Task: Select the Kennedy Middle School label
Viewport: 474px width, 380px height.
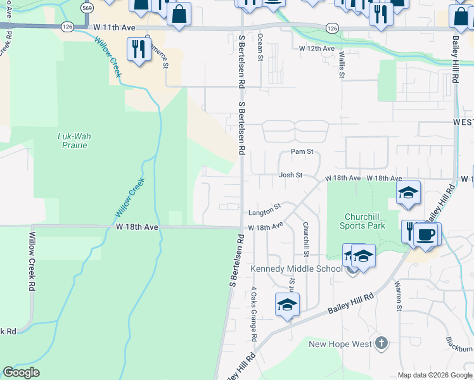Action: click(x=296, y=269)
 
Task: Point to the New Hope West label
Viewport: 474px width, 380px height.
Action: click(x=340, y=344)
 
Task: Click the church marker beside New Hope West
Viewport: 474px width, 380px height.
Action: click(x=381, y=343)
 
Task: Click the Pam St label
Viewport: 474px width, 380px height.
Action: click(x=302, y=152)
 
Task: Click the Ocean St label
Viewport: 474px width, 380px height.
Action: click(x=260, y=47)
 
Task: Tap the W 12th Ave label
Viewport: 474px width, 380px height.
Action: click(x=317, y=49)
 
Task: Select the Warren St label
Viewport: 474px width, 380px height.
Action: click(x=399, y=296)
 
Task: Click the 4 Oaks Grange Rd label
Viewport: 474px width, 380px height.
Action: click(x=253, y=314)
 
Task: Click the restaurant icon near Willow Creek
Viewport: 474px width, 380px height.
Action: click(x=138, y=48)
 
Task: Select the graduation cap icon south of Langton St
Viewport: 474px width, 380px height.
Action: click(x=287, y=305)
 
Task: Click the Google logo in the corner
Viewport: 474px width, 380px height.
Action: click(x=21, y=372)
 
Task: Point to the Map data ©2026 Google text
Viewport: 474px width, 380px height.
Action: click(x=434, y=375)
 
